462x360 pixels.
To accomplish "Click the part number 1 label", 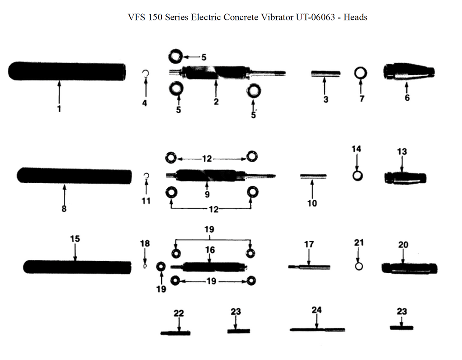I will pos(59,109).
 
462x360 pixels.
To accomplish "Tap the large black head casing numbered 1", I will pos(67,72).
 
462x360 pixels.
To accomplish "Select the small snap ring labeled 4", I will pos(145,73).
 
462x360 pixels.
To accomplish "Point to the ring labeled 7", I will pos(360,72).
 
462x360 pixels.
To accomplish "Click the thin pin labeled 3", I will pos(325,73).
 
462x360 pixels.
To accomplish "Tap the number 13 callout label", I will pos(402,151).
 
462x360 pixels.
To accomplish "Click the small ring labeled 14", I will pos(357,176).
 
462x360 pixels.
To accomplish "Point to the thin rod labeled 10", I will pos(313,176).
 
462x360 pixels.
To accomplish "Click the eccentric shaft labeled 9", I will pos(208,175).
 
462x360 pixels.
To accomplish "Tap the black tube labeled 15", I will pos(77,267).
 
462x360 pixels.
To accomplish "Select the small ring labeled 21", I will pos(359,266).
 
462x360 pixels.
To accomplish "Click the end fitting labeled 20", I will pos(409,268).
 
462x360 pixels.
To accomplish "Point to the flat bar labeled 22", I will pos(176,332).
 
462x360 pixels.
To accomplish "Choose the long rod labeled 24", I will pos(317,330).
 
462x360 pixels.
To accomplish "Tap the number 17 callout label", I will pos(309,244).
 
